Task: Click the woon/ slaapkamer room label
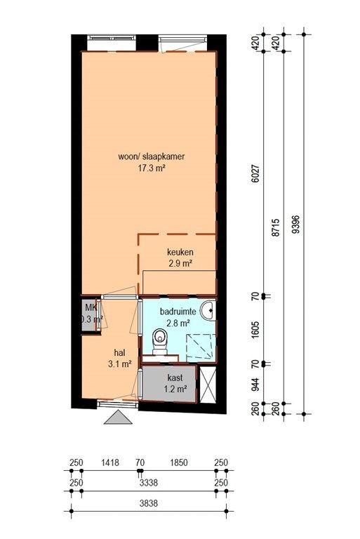(152, 157)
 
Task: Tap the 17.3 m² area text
(152, 168)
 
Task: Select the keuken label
(180, 252)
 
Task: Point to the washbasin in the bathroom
(208, 310)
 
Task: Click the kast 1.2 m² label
(175, 384)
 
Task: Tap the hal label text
(120, 353)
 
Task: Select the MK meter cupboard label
(91, 307)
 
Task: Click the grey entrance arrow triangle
(119, 418)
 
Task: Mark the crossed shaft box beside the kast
(208, 385)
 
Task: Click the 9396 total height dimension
(295, 224)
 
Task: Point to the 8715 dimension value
(275, 227)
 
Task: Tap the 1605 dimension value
(255, 330)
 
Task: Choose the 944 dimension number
(255, 384)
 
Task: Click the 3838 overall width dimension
(149, 503)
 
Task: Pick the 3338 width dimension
(149, 483)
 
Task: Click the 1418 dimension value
(110, 463)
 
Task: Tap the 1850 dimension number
(179, 463)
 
